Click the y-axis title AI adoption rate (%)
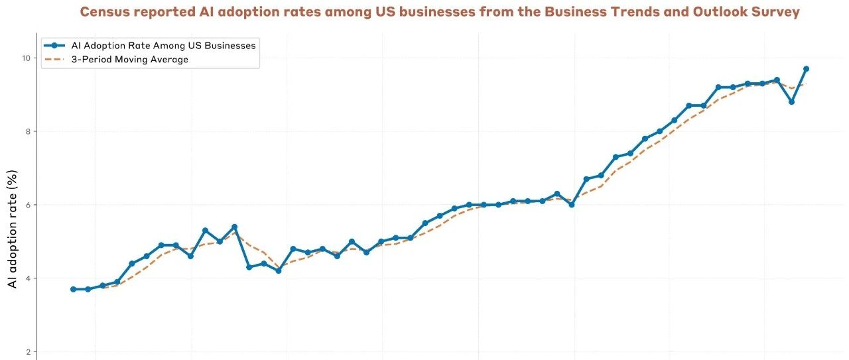pos(13,229)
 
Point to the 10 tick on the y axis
pos(26,58)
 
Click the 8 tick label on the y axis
pos(28,131)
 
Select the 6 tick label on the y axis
pos(28,205)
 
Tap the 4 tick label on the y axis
pos(28,278)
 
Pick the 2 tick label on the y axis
pos(28,351)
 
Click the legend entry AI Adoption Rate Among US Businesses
pos(163,46)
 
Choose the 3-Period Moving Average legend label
pos(129,60)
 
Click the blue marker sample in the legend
pos(54,46)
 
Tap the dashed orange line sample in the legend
pos(54,60)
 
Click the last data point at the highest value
pos(806,69)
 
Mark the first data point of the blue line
pos(73,289)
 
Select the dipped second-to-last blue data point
pos(791,102)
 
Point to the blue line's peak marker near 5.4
pos(234,227)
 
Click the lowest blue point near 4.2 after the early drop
pos(279,270)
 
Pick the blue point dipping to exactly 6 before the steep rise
pos(572,205)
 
